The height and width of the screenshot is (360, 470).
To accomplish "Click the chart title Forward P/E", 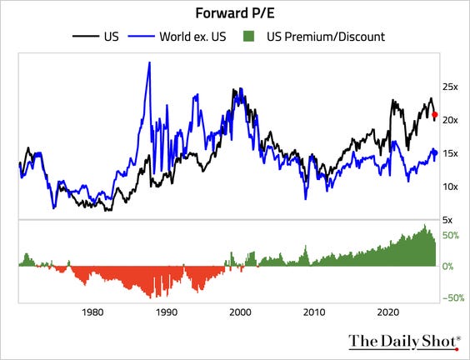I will pos(234,12).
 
